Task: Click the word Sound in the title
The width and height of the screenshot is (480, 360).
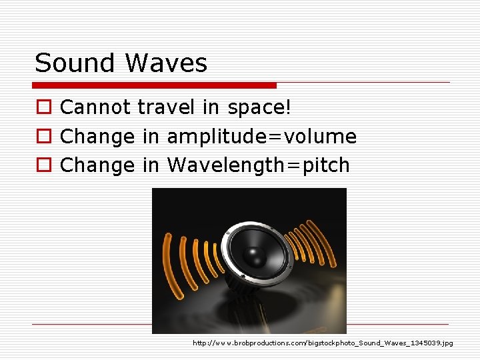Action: click(75, 63)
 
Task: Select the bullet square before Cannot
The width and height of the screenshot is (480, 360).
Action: click(42, 108)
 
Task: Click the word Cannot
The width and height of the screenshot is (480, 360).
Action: click(95, 107)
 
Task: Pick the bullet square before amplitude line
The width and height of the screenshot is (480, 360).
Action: click(42, 137)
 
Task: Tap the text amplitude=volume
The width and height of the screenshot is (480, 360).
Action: click(261, 137)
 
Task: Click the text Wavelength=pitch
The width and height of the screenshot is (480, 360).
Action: click(258, 165)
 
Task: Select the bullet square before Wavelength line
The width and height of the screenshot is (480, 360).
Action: click(42, 166)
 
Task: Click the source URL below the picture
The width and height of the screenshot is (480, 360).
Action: click(323, 343)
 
